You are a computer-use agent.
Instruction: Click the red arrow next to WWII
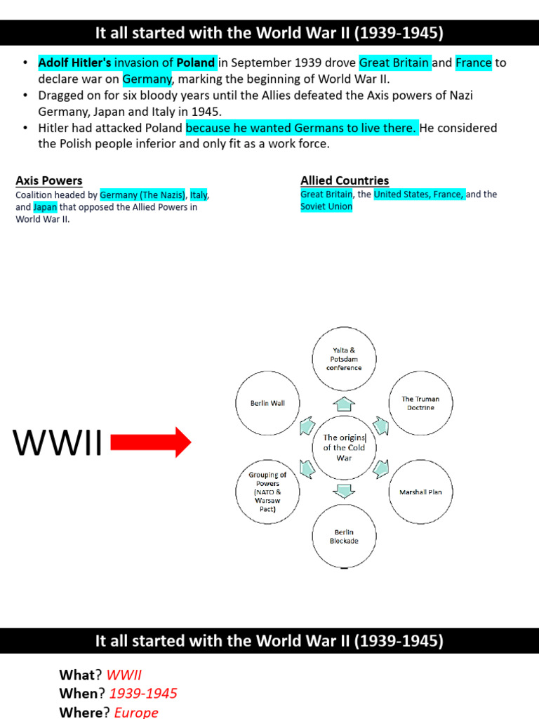(151, 442)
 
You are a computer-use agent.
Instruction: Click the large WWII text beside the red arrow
(58, 443)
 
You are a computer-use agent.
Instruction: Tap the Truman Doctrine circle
(420, 403)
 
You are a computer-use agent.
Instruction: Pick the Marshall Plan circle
(420, 492)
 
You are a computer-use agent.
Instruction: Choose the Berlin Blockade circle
(344, 537)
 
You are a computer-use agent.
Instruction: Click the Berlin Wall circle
(267, 403)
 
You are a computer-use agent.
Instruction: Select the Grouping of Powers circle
(267, 492)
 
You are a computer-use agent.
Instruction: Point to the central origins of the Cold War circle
(344, 448)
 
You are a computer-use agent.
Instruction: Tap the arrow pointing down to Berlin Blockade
(344, 492)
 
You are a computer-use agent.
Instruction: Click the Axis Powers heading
(49, 180)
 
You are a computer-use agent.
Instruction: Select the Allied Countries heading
(345, 180)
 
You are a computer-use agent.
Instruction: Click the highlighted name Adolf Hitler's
(75, 62)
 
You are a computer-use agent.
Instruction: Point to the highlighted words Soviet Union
(326, 207)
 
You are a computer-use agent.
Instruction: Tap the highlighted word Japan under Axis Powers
(45, 207)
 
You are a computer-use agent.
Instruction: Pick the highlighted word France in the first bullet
(474, 62)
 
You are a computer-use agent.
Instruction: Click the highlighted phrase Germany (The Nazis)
(142, 194)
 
